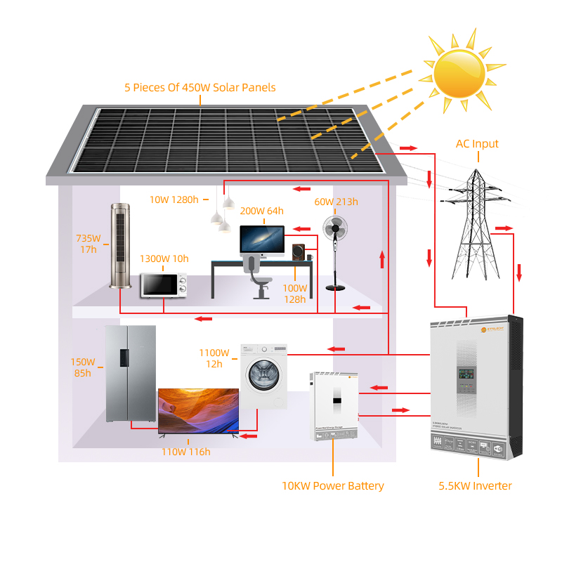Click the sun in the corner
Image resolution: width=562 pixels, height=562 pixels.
point(459,72)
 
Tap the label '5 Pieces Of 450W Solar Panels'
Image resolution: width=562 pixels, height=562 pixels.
point(200,88)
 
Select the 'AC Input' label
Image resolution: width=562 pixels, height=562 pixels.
point(477,144)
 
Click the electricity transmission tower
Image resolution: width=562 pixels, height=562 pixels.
point(473,225)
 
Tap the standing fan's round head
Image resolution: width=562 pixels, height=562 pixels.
point(336,230)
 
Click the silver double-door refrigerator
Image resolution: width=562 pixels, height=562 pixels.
point(130,374)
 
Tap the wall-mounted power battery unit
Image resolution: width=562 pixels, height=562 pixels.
point(334,406)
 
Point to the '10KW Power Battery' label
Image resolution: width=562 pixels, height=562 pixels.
point(333,486)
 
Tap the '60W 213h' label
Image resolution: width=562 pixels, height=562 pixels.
point(336,202)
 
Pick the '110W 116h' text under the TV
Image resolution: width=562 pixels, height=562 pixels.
point(185,452)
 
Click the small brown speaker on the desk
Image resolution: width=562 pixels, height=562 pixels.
point(299,251)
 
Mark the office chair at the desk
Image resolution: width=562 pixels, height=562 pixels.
point(259,277)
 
